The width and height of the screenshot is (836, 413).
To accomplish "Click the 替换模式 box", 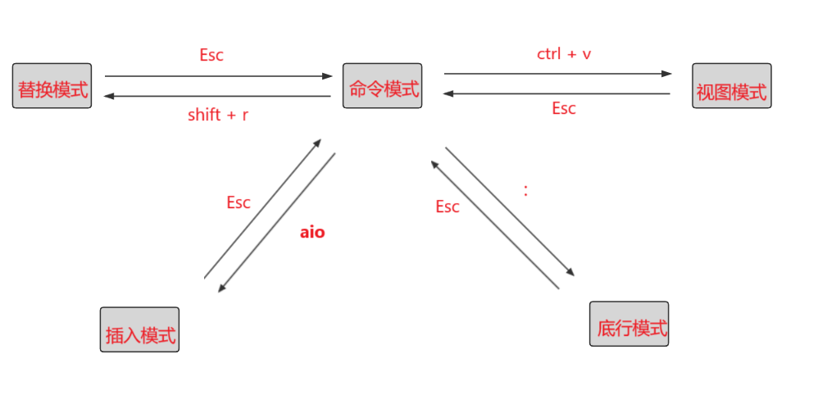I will pyautogui.click(x=52, y=86).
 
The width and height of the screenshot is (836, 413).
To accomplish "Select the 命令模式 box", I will pyautogui.click(x=383, y=86).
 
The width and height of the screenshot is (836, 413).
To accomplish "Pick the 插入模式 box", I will pyautogui.click(x=139, y=329).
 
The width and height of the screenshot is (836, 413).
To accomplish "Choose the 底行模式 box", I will pyautogui.click(x=629, y=324).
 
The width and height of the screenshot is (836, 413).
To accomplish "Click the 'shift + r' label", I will pyautogui.click(x=217, y=115).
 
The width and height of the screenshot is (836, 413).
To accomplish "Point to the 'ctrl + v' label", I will pyautogui.click(x=564, y=54).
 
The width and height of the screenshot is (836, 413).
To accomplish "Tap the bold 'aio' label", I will pyautogui.click(x=312, y=232).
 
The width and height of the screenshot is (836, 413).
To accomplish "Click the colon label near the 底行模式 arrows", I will pyautogui.click(x=525, y=190).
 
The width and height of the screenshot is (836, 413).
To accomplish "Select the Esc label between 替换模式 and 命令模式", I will pyautogui.click(x=211, y=56).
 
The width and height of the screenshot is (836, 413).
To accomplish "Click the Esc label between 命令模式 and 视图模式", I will pyautogui.click(x=564, y=108).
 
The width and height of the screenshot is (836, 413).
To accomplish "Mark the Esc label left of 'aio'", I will pyautogui.click(x=239, y=202).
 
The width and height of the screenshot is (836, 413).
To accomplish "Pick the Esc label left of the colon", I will pyautogui.click(x=448, y=206).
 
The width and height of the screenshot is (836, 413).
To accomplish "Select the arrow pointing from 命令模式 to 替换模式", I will pyautogui.click(x=217, y=97).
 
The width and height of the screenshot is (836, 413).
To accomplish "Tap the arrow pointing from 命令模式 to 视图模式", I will pyautogui.click(x=557, y=74).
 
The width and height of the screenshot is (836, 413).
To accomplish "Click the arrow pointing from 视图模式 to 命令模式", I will pyautogui.click(x=557, y=94).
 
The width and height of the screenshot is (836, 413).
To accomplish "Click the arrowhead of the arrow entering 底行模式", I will pyautogui.click(x=570, y=273).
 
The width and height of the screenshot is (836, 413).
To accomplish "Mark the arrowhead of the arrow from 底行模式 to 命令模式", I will pyautogui.click(x=434, y=164).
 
